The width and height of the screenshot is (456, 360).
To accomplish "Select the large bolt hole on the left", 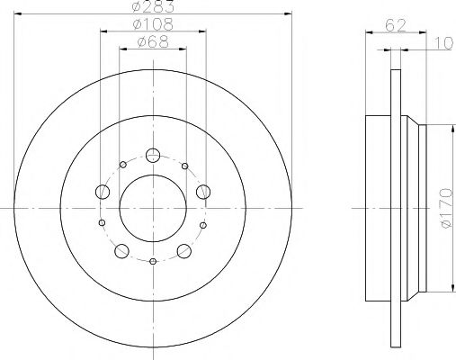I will tap(103, 192).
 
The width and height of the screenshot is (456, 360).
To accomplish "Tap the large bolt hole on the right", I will tap(203, 190).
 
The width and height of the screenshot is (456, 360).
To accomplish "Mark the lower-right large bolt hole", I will tap(184, 250).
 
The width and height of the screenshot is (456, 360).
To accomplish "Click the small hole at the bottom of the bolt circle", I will tap(153, 261).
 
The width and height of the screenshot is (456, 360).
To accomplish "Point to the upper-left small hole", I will tap(122, 165).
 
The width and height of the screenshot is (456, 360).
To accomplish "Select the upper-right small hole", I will tap(184, 166).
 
